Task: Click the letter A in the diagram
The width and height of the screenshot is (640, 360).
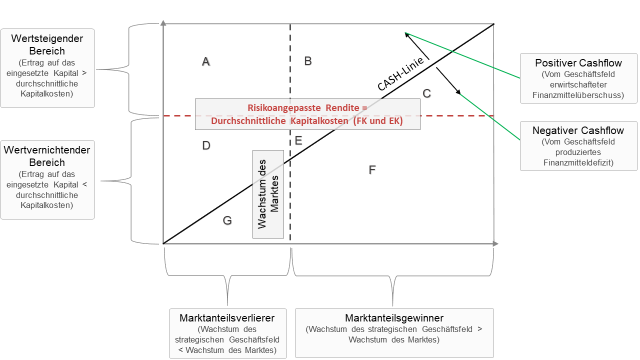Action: [x=205, y=61]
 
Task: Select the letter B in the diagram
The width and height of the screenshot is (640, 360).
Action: [x=308, y=61]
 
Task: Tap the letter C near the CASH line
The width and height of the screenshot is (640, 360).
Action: [x=426, y=93]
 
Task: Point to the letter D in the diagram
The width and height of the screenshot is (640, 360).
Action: [x=206, y=145]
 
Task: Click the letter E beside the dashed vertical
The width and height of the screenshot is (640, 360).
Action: [x=298, y=140]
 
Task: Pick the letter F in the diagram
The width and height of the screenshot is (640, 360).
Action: [x=372, y=170]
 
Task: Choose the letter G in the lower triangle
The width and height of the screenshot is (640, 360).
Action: [x=227, y=220]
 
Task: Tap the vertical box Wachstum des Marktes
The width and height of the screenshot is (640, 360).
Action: [x=268, y=194]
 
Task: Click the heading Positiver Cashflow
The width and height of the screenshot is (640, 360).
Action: [x=578, y=63]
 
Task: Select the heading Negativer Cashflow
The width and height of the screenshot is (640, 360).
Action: [x=578, y=130]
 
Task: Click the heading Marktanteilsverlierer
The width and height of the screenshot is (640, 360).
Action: [x=227, y=318]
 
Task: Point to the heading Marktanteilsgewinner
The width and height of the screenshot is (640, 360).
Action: [x=394, y=318]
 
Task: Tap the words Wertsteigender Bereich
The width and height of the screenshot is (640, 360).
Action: [x=47, y=44]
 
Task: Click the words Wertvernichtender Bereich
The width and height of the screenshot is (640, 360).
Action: [x=47, y=156]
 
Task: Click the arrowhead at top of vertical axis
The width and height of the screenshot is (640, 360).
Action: [x=163, y=22]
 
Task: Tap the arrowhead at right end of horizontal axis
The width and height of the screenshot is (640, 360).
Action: [x=495, y=243]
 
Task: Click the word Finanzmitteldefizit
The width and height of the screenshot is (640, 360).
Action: [x=578, y=163]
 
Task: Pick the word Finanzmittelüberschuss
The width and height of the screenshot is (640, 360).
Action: [x=578, y=95]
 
